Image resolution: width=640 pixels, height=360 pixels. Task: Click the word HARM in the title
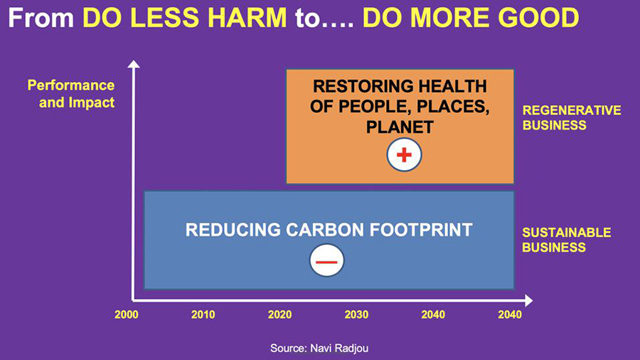[x=247, y=18]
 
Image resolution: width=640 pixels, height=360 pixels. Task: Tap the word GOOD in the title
[x=538, y=18]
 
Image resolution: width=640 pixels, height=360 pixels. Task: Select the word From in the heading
[x=41, y=18]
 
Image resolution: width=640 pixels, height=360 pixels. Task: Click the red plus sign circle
[x=404, y=155]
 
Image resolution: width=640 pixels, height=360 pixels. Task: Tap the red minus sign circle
[x=326, y=260]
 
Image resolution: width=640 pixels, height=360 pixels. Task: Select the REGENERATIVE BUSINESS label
[x=572, y=117]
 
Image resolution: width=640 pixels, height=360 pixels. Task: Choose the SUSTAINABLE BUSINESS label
[x=567, y=240]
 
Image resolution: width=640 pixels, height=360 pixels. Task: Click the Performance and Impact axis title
[x=71, y=94]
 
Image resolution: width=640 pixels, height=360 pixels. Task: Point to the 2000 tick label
[x=126, y=314]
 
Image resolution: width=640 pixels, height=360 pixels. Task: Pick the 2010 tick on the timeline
[x=203, y=314]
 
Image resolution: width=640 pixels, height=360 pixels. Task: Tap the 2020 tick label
[x=279, y=314]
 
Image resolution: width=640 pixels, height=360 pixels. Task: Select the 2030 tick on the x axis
[x=356, y=314]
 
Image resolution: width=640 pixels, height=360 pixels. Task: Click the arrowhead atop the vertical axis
[x=134, y=64]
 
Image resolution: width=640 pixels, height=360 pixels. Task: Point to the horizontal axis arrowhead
[x=528, y=301]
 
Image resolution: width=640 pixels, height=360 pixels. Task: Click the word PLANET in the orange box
[x=400, y=127]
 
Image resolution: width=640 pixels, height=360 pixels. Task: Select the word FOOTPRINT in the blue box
[x=421, y=230]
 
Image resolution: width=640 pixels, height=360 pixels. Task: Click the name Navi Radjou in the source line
[x=339, y=349]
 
